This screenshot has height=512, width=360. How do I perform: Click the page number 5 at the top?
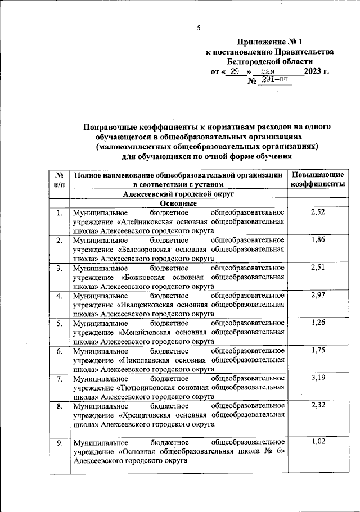pos(198,29)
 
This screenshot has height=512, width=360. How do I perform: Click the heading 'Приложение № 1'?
pos(269,42)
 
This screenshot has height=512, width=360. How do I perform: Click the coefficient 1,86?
pos(318,240)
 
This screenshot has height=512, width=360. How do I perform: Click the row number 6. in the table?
pos(59,351)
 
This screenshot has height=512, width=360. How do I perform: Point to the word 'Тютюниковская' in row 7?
pos(147,387)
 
